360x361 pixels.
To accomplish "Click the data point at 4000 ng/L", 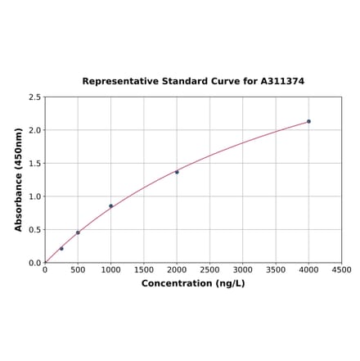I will (x=308, y=121).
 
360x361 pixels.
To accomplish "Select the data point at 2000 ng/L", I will (x=177, y=172).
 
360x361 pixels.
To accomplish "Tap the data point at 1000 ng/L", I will (x=111, y=206).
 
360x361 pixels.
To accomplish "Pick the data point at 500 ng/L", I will (x=78, y=232).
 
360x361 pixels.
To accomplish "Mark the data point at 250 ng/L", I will (x=61, y=248).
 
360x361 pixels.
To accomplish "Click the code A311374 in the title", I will (x=282, y=81).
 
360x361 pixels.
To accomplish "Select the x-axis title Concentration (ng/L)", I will (x=193, y=283).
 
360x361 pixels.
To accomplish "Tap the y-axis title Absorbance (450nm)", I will (x=19, y=179).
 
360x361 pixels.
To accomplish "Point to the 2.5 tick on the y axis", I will (x=35, y=97).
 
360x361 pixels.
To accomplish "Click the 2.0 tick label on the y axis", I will (x=35, y=130).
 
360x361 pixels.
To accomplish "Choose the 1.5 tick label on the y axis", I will (x=35, y=164).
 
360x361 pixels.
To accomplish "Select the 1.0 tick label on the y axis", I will (x=35, y=196).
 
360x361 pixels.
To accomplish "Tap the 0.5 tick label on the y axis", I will (x=35, y=230).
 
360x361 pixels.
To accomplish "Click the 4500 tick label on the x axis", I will (x=341, y=269).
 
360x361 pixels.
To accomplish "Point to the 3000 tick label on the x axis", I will (x=243, y=269).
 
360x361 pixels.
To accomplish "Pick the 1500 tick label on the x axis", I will (x=144, y=269).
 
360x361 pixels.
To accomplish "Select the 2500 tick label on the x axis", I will (x=209, y=269).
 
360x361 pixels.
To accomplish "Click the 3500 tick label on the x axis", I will (x=276, y=269).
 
